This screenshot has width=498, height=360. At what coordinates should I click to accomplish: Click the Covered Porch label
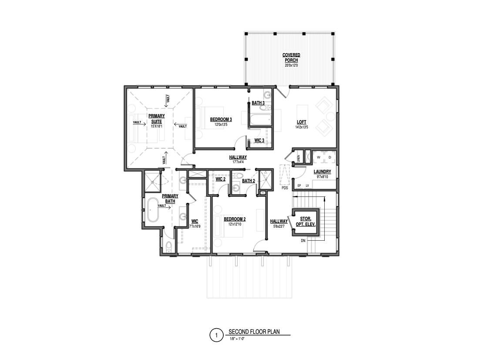291,57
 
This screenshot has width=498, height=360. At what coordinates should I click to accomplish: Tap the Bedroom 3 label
221,119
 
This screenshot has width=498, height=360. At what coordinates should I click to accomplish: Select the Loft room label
302,123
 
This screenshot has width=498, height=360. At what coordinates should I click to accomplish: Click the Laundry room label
322,172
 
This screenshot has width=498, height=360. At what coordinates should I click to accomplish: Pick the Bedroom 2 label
235,219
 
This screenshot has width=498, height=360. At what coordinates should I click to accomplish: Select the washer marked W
318,157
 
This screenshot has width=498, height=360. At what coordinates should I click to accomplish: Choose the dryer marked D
329,157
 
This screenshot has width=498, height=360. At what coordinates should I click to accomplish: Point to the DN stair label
303,241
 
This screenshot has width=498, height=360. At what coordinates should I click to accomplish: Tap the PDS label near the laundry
285,188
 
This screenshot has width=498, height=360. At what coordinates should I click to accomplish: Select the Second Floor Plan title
254,332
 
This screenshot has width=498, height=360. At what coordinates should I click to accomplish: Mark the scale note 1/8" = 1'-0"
237,338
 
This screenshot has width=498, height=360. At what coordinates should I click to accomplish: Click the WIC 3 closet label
259,140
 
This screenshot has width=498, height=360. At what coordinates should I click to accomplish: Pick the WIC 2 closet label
220,179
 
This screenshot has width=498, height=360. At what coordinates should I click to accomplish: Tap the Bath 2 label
248,181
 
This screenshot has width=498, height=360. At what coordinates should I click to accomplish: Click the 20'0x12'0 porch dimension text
291,65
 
